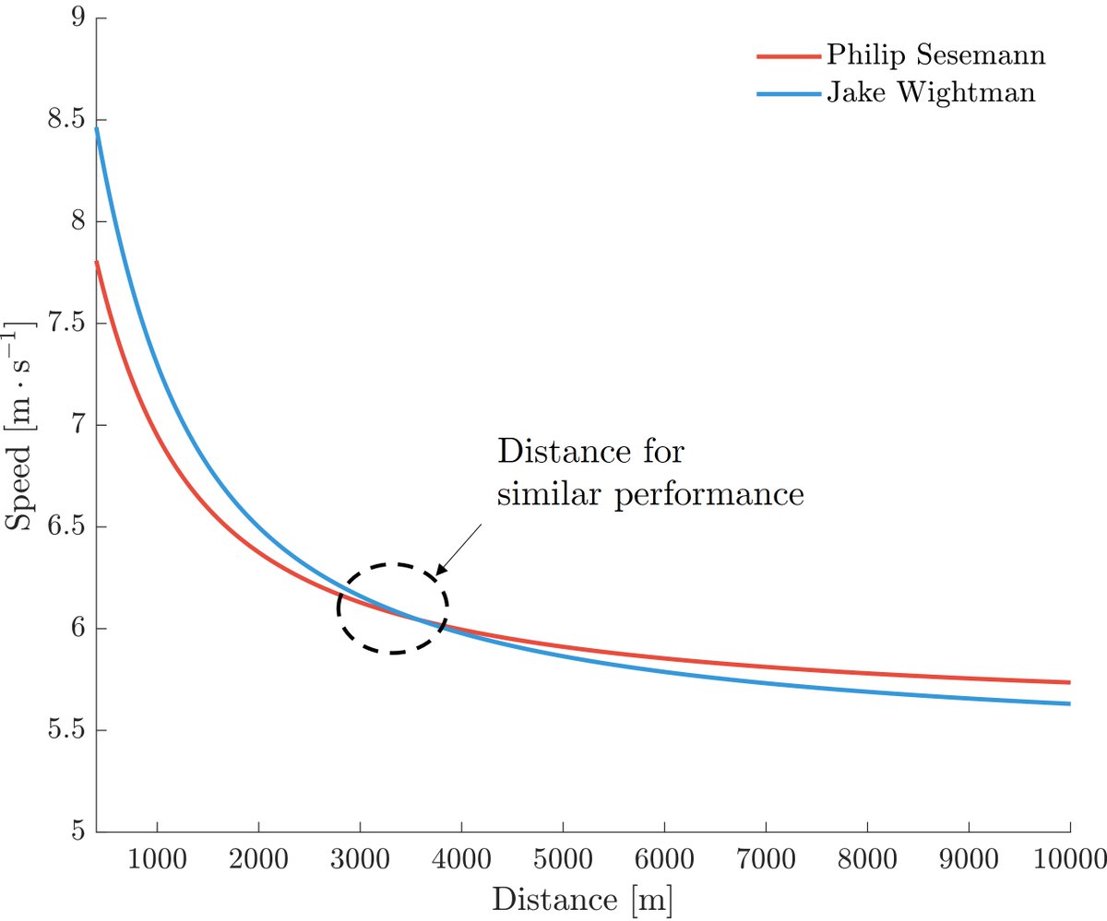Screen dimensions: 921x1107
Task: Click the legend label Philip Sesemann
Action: coord(935,56)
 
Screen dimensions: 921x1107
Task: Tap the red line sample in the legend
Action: coord(788,55)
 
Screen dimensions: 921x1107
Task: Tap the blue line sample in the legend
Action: coord(788,94)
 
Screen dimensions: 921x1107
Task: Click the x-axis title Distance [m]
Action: coord(582,898)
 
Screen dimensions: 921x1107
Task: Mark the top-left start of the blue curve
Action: coord(97,129)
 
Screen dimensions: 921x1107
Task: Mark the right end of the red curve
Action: coord(1068,682)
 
